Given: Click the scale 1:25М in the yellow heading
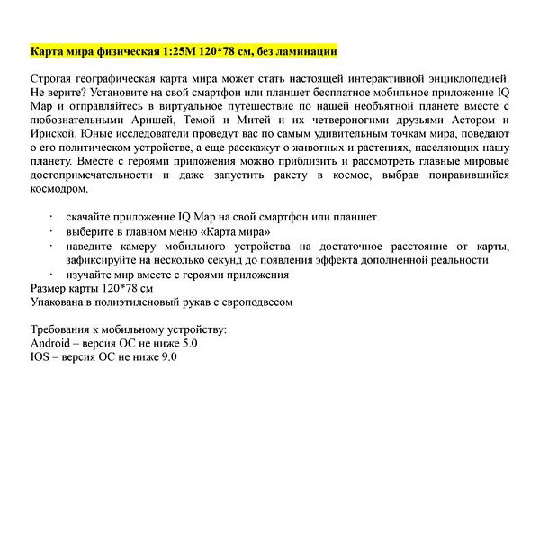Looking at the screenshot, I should pyautogui.click(x=175, y=50).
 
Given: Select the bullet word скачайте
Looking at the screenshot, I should pyautogui.click(x=92, y=218).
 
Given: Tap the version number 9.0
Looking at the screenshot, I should pyautogui.click(x=168, y=357).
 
